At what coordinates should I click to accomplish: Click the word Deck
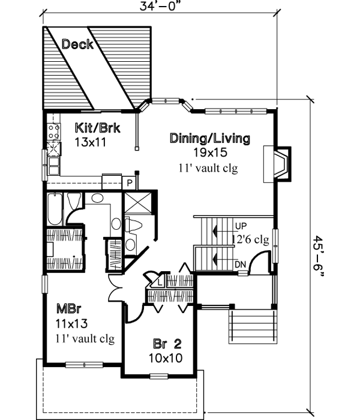(x=77, y=44)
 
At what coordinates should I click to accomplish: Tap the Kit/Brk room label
(x=92, y=127)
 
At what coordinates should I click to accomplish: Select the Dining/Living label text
(x=209, y=139)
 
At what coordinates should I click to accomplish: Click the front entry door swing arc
(x=259, y=263)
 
